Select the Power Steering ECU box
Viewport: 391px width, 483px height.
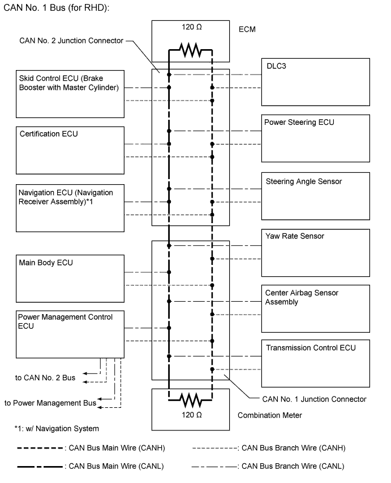coord(315,138)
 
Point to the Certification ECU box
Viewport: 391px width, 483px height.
coord(70,150)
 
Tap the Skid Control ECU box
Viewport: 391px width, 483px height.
coord(70,94)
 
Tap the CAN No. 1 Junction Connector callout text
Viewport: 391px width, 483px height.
coord(314,399)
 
